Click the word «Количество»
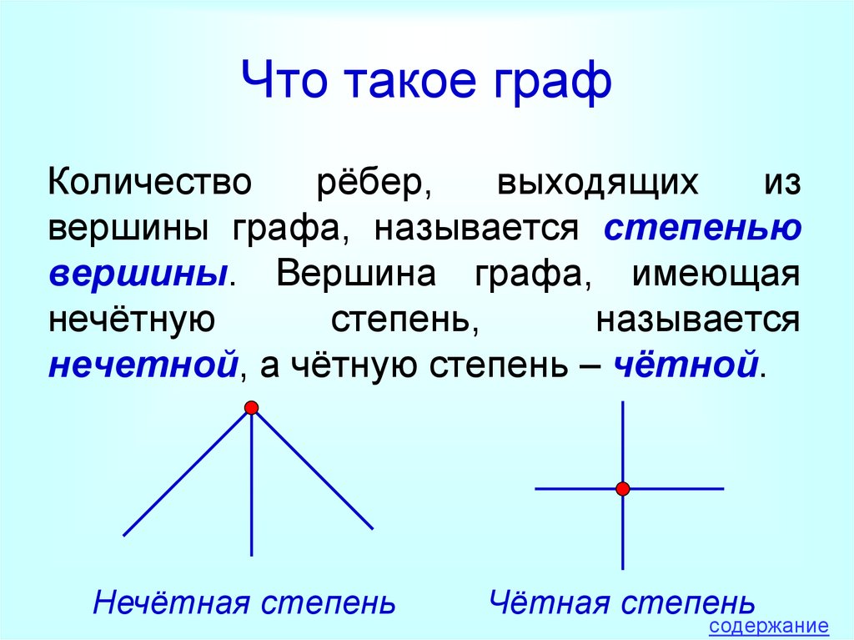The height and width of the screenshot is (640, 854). (150, 182)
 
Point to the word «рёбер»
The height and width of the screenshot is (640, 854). (374, 184)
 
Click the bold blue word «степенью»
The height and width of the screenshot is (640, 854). (702, 229)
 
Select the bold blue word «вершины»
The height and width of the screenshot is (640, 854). (138, 275)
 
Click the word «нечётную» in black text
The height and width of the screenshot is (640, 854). (132, 320)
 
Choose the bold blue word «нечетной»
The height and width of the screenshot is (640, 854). (143, 365)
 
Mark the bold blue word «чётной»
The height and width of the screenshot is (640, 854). (686, 364)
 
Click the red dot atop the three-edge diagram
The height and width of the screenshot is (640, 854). (251, 407)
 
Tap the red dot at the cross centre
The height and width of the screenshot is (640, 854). (623, 488)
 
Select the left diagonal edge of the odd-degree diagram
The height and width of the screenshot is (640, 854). (187, 472)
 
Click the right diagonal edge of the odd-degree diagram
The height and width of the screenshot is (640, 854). (313, 470)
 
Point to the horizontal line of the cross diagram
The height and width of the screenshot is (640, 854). (630, 488)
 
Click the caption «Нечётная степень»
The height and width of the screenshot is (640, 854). (244, 603)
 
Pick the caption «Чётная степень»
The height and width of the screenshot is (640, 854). (622, 603)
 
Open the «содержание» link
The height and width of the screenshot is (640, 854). (768, 627)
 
